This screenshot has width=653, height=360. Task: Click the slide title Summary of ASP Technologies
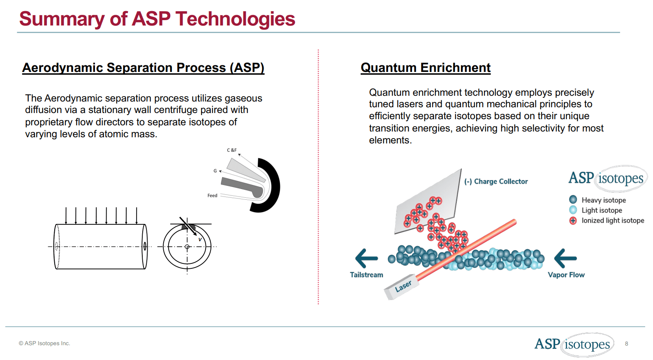click(157, 19)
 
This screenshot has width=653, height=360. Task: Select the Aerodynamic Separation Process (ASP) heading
click(143, 67)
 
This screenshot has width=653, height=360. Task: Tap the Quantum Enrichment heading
click(426, 67)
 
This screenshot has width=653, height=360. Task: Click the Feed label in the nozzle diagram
click(212, 196)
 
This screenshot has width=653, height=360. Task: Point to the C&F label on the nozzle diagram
click(232, 150)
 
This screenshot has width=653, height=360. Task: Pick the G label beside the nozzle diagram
click(215, 171)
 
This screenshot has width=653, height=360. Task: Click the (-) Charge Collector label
click(496, 181)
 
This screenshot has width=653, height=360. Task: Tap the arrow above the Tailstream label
click(366, 258)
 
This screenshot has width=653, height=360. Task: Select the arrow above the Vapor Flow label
click(565, 258)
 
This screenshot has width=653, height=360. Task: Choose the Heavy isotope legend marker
click(573, 200)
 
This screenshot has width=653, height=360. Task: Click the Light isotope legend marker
click(573, 210)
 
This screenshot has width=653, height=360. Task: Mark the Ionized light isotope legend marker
click(573, 221)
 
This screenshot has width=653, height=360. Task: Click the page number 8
click(626, 344)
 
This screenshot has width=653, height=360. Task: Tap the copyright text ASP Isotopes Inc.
click(44, 344)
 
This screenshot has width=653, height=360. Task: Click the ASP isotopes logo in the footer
click(574, 344)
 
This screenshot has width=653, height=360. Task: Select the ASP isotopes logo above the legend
click(607, 178)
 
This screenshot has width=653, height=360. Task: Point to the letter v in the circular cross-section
click(200, 239)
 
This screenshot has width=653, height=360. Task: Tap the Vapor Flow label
click(566, 275)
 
